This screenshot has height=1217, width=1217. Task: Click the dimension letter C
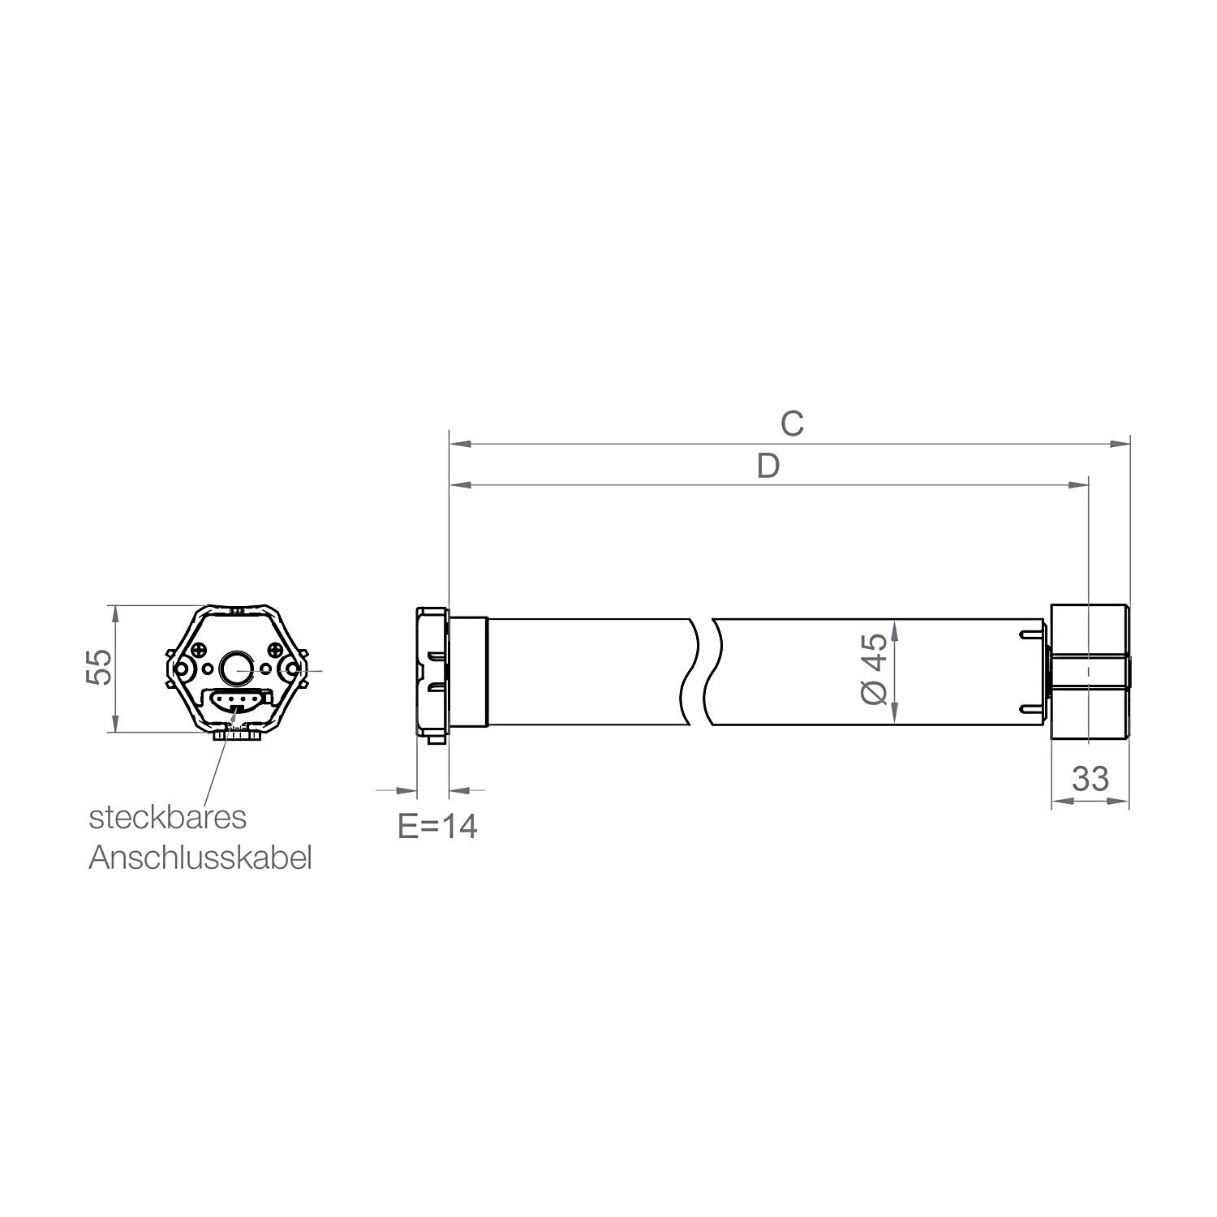point(792,424)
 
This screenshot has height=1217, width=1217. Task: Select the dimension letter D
point(768,467)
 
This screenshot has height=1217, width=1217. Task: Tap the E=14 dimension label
point(437,826)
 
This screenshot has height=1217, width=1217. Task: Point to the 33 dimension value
point(1090,779)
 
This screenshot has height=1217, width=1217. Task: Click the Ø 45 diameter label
point(875,670)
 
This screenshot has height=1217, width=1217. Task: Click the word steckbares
point(167,817)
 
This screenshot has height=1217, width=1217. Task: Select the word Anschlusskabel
point(200,858)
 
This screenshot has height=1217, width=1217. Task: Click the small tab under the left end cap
point(434,737)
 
